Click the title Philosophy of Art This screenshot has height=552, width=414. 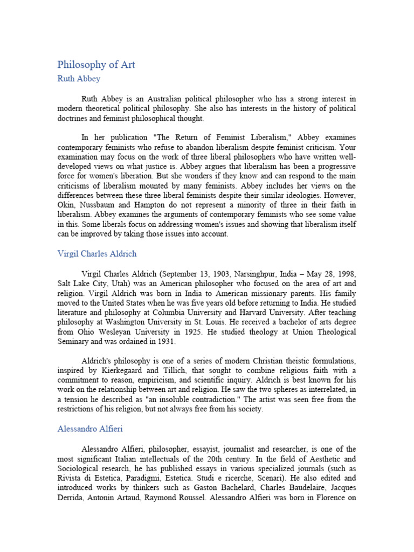tap(96, 65)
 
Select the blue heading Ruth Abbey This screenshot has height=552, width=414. tap(79, 79)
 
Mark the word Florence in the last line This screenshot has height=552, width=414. tap(326, 498)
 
